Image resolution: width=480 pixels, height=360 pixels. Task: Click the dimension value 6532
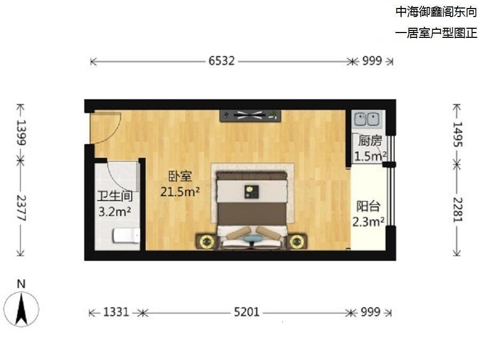pyautogui.click(x=221, y=61)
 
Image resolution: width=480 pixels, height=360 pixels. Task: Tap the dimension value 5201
pyautogui.click(x=246, y=312)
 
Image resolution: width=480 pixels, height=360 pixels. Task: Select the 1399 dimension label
pyautogui.click(x=22, y=132)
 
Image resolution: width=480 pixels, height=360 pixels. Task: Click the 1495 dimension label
pyautogui.click(x=458, y=133)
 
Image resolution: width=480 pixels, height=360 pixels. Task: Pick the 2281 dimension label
pyautogui.click(x=458, y=209)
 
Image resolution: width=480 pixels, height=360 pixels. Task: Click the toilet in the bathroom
pyautogui.click(x=126, y=235)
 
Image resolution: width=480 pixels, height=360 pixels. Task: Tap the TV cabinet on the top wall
pyautogui.click(x=250, y=115)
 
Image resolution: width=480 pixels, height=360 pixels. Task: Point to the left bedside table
pyautogui.click(x=206, y=242)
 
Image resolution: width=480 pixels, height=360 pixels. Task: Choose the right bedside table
pyautogui.click(x=297, y=242)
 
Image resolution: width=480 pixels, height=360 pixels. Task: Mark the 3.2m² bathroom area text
pyautogui.click(x=115, y=211)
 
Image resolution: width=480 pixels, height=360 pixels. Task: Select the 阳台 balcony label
pyautogui.click(x=368, y=206)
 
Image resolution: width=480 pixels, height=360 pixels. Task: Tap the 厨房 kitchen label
pyautogui.click(x=370, y=141)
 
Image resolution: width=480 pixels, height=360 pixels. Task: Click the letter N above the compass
pyautogui.click(x=21, y=284)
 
